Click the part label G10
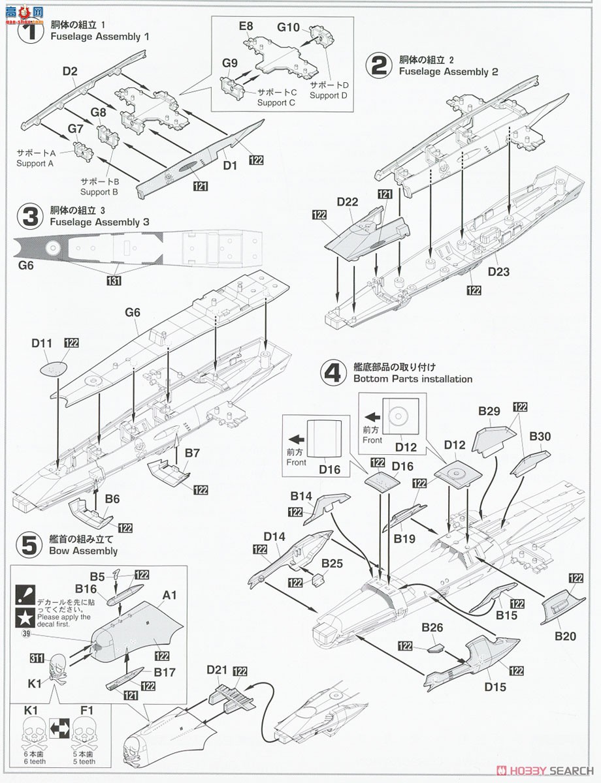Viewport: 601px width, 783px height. pyautogui.click(x=288, y=27)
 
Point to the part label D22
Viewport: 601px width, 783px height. pyautogui.click(x=348, y=202)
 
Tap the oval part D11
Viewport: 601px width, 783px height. pyautogui.click(x=54, y=369)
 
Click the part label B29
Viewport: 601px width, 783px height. pyautogui.click(x=489, y=411)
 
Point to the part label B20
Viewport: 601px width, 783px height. pyautogui.click(x=565, y=635)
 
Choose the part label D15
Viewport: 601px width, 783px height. pyautogui.click(x=495, y=686)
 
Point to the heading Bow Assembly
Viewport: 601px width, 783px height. pyautogui.click(x=83, y=551)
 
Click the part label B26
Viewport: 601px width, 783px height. pyautogui.click(x=432, y=628)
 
